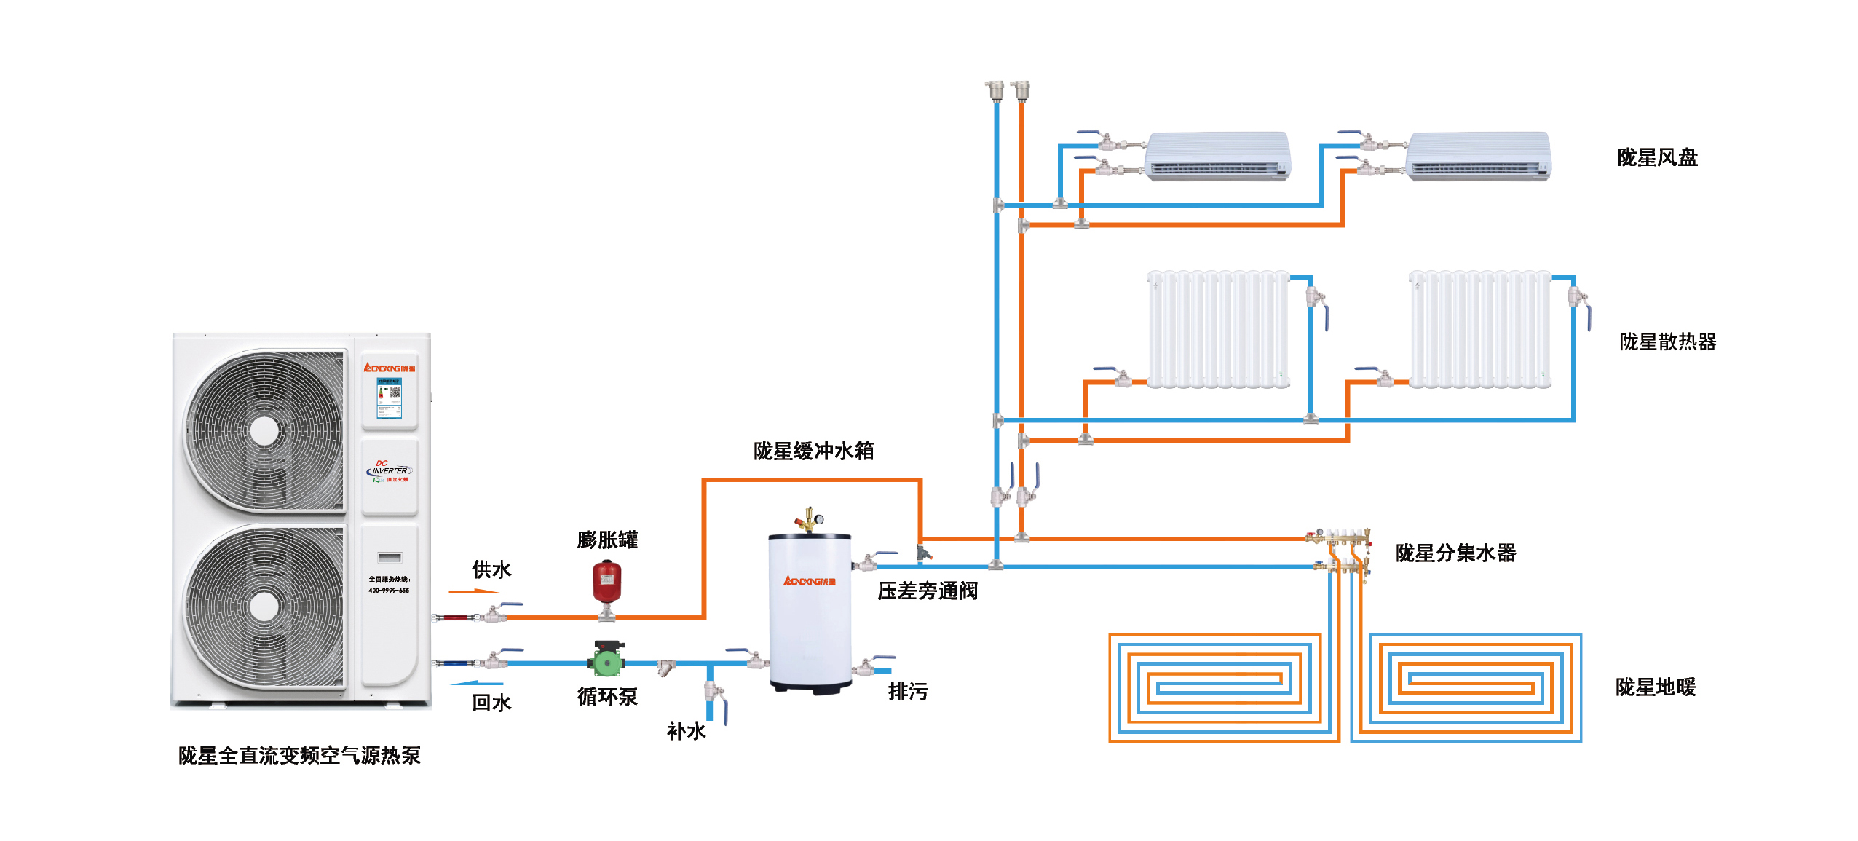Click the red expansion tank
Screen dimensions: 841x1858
click(x=606, y=580)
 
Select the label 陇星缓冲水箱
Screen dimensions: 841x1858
click(x=813, y=451)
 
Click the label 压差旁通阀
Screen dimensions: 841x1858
click(x=928, y=591)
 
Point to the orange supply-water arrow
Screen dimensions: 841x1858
click(x=475, y=591)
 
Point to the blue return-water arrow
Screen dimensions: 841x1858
click(x=477, y=683)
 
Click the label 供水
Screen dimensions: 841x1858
click(x=491, y=569)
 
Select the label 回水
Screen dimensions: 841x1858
click(x=491, y=703)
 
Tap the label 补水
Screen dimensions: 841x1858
click(x=686, y=731)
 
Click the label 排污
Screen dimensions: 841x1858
click(x=908, y=691)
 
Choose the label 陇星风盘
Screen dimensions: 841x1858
click(x=1657, y=157)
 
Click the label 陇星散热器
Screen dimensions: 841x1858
click(x=1667, y=341)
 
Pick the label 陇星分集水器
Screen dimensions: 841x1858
click(x=1455, y=553)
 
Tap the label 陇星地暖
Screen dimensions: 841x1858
click(x=1656, y=687)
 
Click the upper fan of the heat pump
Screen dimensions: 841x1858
click(x=264, y=431)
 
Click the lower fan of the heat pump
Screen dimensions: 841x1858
click(x=264, y=606)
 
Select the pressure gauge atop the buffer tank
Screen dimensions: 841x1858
click(x=819, y=519)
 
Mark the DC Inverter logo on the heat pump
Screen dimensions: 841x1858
click(x=390, y=470)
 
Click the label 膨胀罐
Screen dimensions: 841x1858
click(x=607, y=540)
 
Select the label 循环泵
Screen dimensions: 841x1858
click(x=607, y=697)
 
